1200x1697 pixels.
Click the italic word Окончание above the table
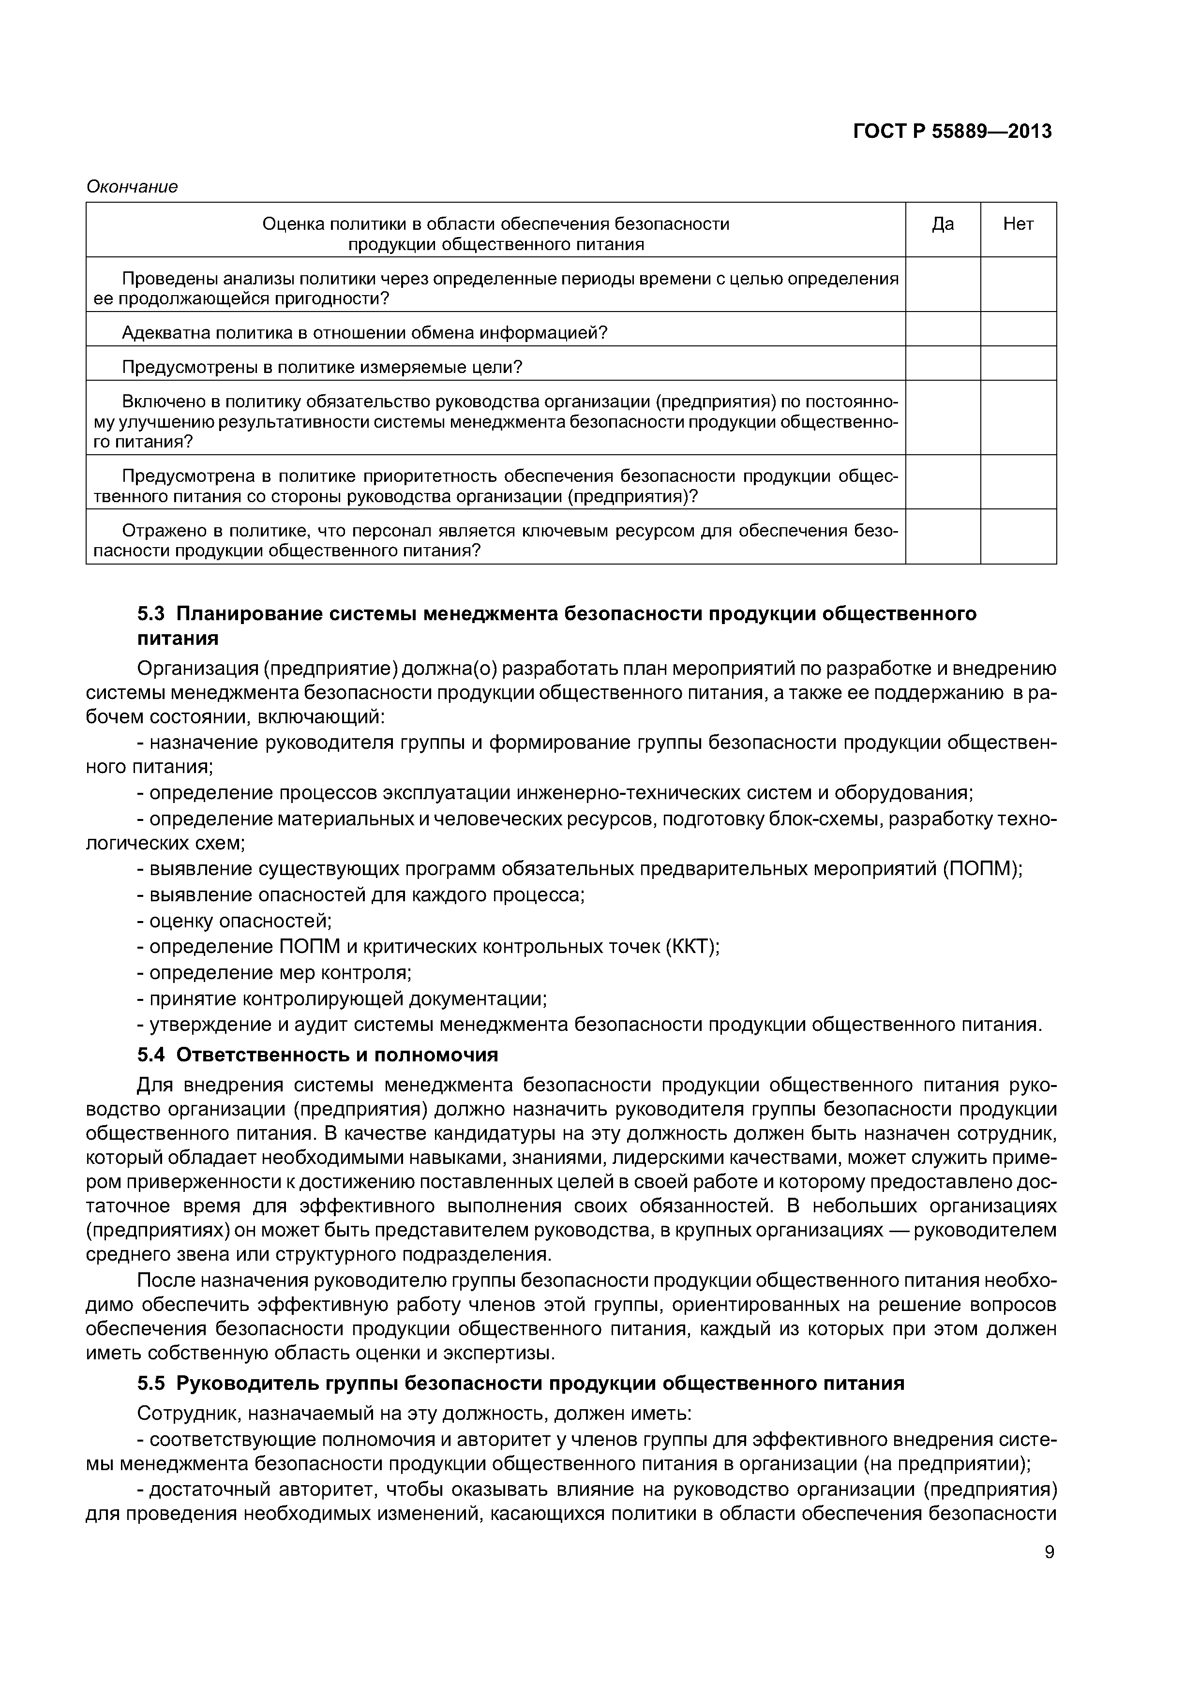click(x=133, y=186)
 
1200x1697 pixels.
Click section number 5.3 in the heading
click(x=152, y=614)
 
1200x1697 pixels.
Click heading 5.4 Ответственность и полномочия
click(x=317, y=1055)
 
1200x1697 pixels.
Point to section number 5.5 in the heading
click(x=152, y=1384)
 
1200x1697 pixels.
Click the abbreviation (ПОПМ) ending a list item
click(x=982, y=869)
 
